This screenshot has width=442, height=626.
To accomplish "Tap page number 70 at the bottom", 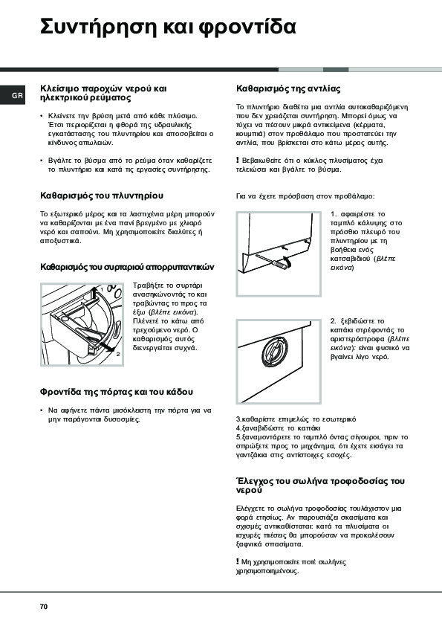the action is (44, 607).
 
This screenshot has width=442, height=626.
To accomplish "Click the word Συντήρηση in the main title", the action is (98, 27).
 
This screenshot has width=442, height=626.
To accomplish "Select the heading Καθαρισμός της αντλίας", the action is (288, 88).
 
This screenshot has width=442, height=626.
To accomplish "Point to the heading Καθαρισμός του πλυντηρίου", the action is (102, 196).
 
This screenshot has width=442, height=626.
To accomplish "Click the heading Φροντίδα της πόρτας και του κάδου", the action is (117, 392).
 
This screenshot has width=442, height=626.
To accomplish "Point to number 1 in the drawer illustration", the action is (101, 288).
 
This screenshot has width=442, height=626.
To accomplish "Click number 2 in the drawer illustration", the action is (118, 354).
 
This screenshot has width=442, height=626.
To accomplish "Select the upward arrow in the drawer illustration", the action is (93, 295).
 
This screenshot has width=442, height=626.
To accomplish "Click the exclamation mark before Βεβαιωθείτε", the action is (238, 160).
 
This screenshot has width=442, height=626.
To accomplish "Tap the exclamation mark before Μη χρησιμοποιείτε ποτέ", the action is (238, 562).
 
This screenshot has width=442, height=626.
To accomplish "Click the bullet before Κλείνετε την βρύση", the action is (42, 116).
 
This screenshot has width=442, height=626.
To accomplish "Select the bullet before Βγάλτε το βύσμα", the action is (42, 161).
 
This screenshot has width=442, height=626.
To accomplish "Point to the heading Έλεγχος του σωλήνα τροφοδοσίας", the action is (320, 485).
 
